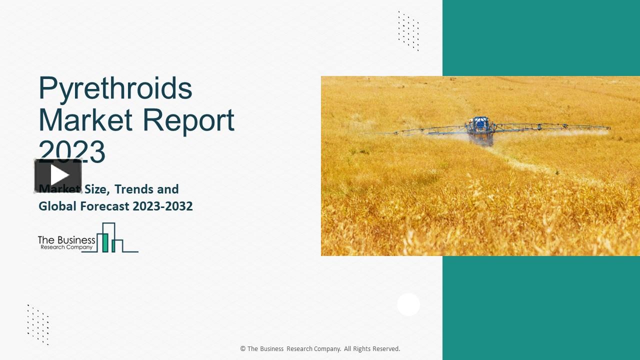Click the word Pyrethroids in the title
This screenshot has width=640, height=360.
tap(115, 88)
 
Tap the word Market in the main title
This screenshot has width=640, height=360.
tap(85, 120)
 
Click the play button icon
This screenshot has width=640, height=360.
tap(58, 175)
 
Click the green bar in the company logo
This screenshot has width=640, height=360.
tap(105, 242)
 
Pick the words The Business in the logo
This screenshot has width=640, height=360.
tap(66, 240)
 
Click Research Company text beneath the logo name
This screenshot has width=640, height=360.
tap(66, 247)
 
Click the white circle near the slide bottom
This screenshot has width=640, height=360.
tap(408, 304)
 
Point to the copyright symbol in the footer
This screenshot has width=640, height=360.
tap(243, 349)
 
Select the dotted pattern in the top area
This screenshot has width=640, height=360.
tap(408, 30)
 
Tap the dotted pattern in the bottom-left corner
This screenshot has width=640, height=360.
tap(38, 324)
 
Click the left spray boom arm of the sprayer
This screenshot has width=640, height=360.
tap(425, 130)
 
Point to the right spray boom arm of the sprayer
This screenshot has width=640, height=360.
tap(550, 127)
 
